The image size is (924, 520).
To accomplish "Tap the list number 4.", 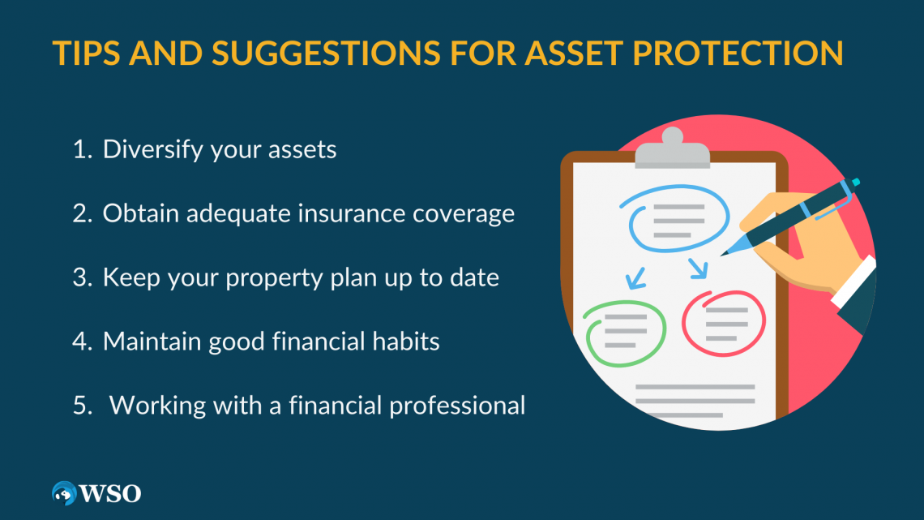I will pos(79,341).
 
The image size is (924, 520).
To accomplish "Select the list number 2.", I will pos(79,213).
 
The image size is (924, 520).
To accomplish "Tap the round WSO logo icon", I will pos(64,492).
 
